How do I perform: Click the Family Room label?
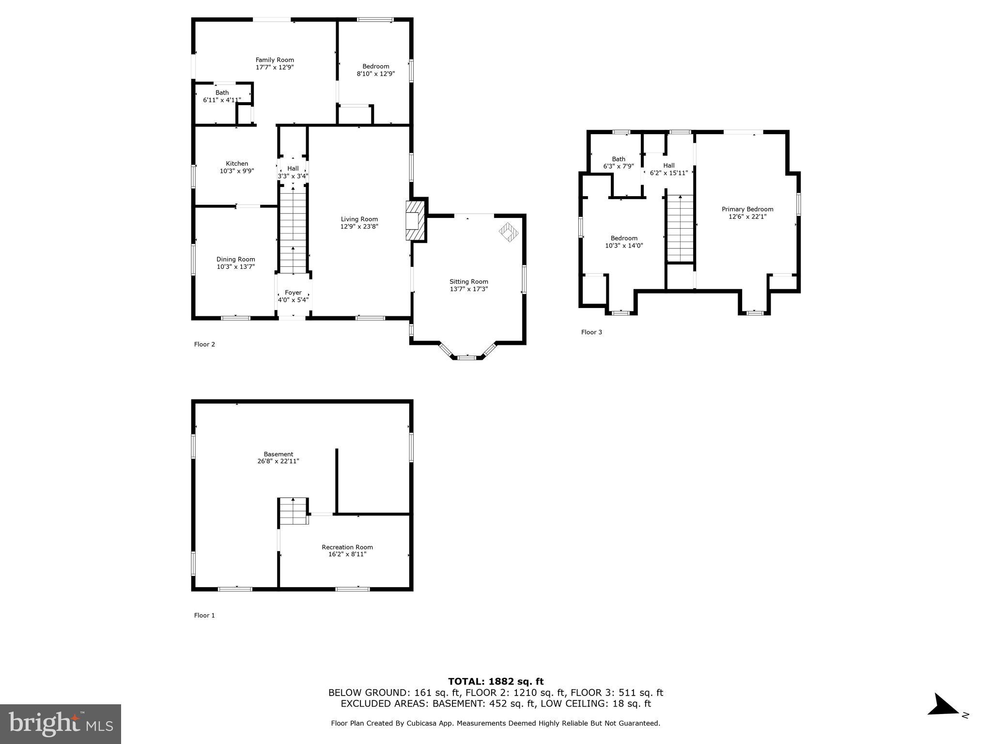[275, 60]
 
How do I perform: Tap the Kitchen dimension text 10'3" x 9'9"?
[237, 171]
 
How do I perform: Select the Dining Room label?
[235, 259]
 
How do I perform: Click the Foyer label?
[293, 293]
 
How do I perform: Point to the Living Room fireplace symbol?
[414, 220]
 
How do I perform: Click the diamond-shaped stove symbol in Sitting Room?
[509, 232]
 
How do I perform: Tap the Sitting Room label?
[468, 281]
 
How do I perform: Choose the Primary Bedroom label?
[747, 209]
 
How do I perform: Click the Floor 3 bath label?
[619, 159]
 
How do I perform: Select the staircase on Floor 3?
[681, 228]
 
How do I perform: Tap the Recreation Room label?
[347, 547]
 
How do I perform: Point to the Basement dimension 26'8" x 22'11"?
[278, 461]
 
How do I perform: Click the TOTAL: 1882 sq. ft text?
[496, 682]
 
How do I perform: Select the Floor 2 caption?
[204, 344]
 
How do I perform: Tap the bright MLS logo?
[61, 724]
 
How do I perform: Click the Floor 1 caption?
[204, 615]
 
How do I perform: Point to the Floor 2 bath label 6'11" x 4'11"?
[222, 100]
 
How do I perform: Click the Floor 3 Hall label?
[669, 166]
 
